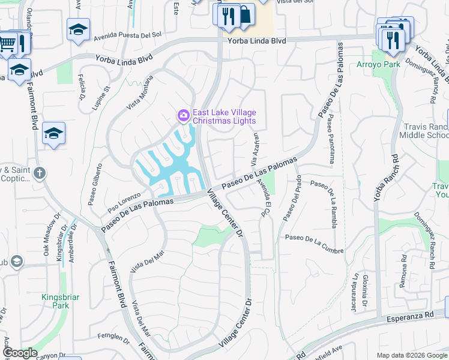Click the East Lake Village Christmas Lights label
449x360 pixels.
224,117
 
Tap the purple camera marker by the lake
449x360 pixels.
182,114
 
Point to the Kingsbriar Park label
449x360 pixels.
60,301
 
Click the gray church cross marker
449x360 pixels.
40,174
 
